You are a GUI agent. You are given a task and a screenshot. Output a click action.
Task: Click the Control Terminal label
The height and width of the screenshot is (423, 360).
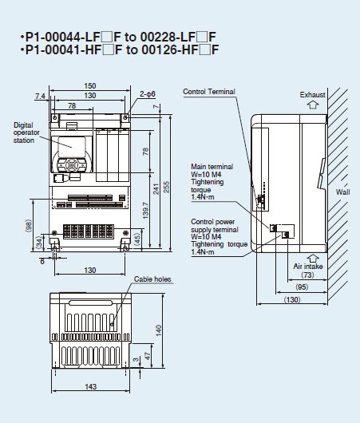pyautogui.click(x=209, y=92)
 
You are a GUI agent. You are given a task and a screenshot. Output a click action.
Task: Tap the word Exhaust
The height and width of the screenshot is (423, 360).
pyautogui.click(x=312, y=94)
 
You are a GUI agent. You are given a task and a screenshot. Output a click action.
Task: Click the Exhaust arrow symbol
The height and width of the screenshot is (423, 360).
pyautogui.click(x=313, y=105)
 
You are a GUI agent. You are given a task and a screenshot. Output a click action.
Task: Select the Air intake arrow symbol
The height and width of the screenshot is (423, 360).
pyautogui.click(x=313, y=259)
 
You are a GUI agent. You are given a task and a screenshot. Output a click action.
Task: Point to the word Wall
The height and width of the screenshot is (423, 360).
pyautogui.click(x=342, y=192)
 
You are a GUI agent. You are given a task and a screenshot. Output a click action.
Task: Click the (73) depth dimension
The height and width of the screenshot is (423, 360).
pyautogui.click(x=307, y=275)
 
